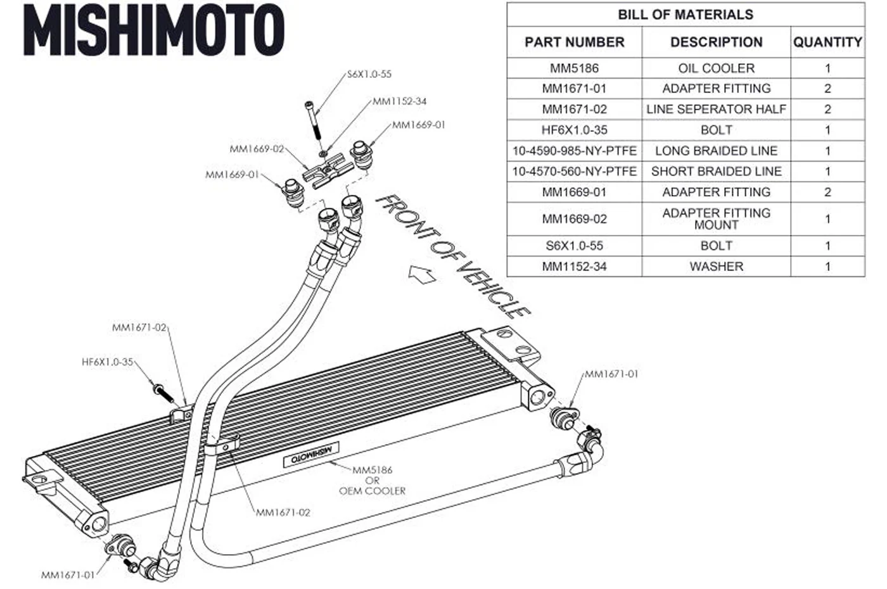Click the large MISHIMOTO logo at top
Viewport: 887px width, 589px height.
coord(153,30)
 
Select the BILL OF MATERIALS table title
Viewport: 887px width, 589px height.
coord(686,15)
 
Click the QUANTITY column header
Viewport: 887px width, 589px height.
coord(827,42)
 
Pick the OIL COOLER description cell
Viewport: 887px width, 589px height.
coord(717,68)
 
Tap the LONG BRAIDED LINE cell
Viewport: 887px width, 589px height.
coord(717,151)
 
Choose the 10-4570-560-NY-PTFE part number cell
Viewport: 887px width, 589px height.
coord(574,172)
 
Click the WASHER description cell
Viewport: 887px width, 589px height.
coord(717,267)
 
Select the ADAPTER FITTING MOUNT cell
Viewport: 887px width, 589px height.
coord(717,219)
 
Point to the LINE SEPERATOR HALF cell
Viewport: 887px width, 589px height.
coord(717,109)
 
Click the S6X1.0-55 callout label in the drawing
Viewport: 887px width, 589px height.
coord(369,74)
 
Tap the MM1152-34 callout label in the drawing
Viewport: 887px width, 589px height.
coord(400,101)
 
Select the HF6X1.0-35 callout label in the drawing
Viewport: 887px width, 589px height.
coord(107,362)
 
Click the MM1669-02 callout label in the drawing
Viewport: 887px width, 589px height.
coord(257,149)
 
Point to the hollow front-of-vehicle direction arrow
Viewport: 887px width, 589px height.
coord(422,274)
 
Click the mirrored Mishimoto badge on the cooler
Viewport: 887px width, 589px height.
coord(311,454)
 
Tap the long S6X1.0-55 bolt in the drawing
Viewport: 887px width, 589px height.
coord(313,120)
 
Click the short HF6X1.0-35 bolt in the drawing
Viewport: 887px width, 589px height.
coord(163,393)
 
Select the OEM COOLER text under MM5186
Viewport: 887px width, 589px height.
coord(373,491)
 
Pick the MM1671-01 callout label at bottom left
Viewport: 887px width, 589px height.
coord(68,575)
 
